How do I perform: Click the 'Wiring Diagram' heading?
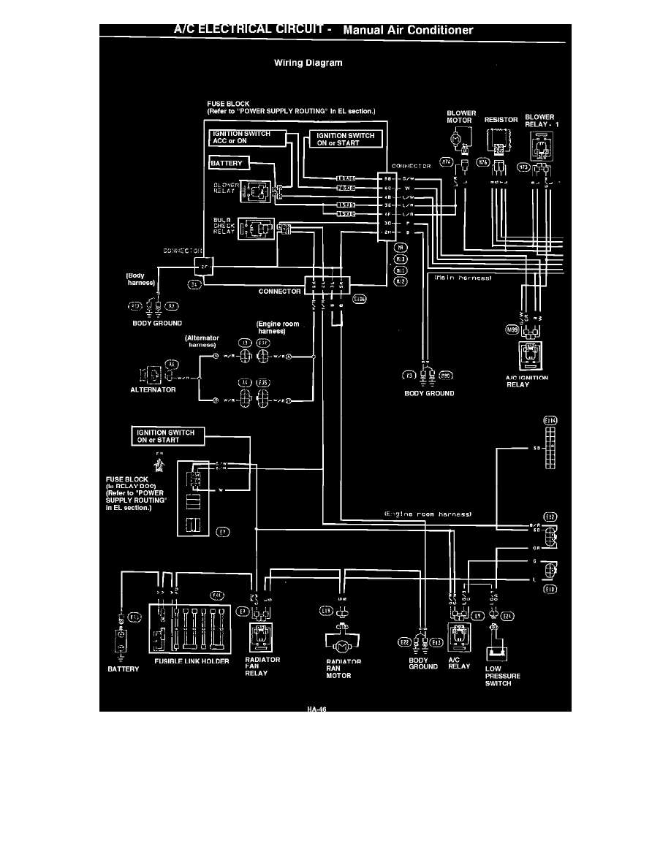point(308,63)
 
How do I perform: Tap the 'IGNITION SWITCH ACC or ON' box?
point(240,137)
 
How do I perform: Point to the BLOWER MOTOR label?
point(461,117)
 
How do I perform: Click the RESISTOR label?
point(501,120)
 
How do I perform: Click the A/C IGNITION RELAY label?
point(528,381)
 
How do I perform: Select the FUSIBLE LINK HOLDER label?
point(193,661)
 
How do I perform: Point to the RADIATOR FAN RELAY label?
point(262,666)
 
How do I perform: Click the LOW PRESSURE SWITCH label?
point(502,676)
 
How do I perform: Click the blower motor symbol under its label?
point(457,137)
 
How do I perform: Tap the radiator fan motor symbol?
point(338,644)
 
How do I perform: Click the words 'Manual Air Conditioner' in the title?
point(407,31)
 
